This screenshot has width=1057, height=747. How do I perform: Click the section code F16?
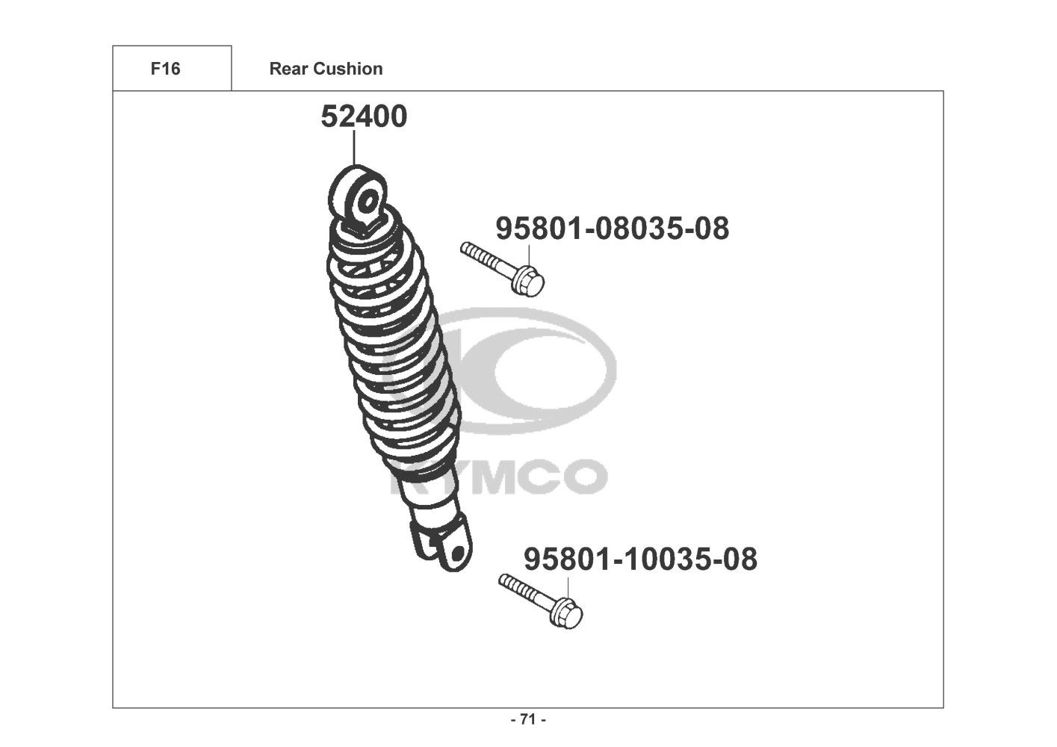(165, 69)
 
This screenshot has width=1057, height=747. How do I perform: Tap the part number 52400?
(364, 117)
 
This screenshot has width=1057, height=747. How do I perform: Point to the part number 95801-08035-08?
(612, 229)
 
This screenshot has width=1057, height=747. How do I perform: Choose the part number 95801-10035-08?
(640, 560)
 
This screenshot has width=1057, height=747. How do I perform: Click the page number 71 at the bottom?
(528, 719)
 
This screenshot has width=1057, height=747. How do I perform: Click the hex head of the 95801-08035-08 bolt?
(530, 282)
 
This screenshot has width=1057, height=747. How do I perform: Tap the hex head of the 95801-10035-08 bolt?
(568, 613)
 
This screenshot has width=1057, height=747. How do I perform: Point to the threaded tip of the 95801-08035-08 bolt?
(465, 247)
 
